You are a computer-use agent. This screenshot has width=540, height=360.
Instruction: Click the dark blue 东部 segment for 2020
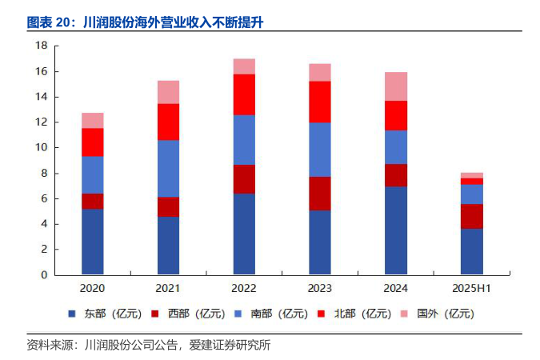[93, 242]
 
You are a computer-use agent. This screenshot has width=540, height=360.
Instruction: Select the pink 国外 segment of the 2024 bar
[395, 86]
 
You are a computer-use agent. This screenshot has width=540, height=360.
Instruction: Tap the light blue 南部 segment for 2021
[168, 168]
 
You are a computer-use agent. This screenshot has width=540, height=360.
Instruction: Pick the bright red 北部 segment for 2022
[244, 94]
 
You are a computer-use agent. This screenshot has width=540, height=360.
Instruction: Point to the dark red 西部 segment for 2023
[319, 194]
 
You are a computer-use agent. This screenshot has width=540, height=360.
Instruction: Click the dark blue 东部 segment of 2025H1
[471, 251]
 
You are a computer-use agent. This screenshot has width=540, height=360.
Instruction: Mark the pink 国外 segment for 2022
[244, 66]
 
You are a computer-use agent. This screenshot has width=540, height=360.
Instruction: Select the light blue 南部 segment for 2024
[395, 147]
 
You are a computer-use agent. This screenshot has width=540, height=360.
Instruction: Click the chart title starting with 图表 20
[145, 22]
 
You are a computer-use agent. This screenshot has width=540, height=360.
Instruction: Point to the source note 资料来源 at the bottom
[148, 346]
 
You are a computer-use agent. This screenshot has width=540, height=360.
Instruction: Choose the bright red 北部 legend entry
[364, 314]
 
